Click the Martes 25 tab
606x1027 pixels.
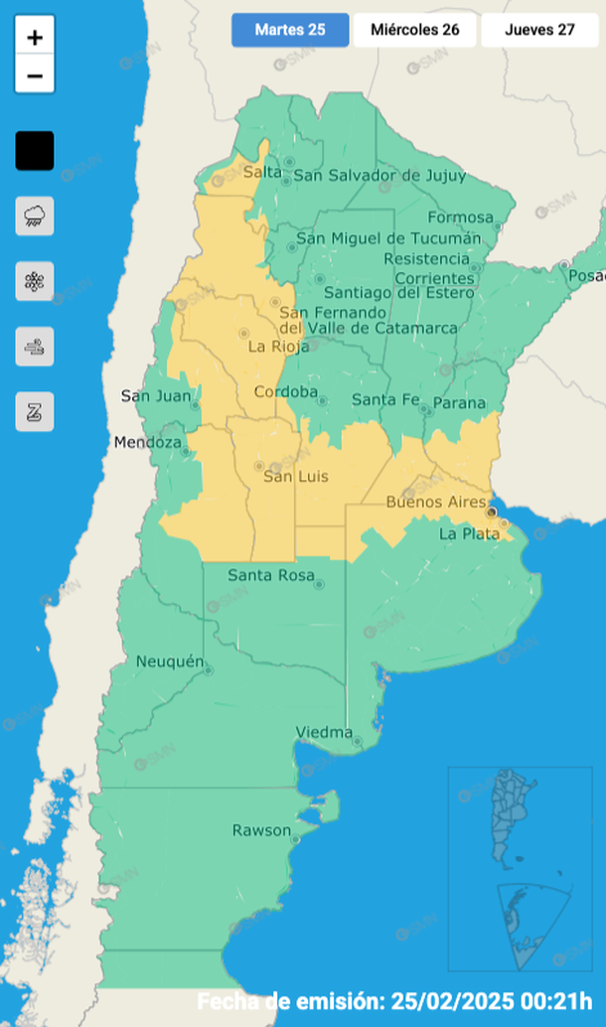click(290, 30)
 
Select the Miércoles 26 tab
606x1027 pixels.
click(414, 30)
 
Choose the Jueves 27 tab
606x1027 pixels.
click(539, 30)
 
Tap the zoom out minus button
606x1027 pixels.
click(35, 75)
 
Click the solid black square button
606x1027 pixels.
click(35, 151)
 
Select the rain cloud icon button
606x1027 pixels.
click(35, 216)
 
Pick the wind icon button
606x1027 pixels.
click(35, 347)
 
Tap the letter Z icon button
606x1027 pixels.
click(35, 411)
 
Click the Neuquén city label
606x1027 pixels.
click(170, 661)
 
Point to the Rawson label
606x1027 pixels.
click(261, 830)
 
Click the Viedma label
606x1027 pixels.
click(324, 733)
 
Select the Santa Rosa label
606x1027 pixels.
click(270, 575)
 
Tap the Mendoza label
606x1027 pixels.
click(148, 442)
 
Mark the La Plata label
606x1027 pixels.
click(462, 534)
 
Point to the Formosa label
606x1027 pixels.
click(460, 218)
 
